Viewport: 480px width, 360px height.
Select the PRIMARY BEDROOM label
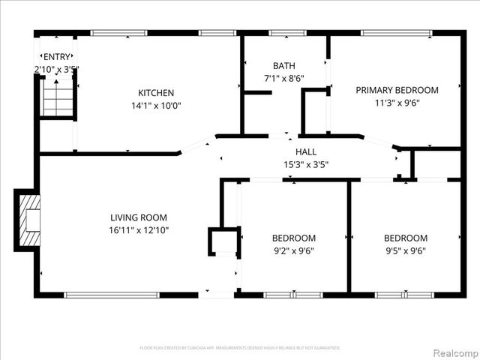click(x=397, y=90)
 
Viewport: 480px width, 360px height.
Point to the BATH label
click(x=284, y=65)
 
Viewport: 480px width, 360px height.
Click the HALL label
click(x=306, y=152)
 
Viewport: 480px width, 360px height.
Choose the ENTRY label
click(x=56, y=57)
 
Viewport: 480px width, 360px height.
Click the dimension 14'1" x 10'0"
click(x=155, y=106)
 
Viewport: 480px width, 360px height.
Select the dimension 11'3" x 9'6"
click(x=397, y=103)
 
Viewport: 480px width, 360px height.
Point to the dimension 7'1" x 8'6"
click(x=284, y=78)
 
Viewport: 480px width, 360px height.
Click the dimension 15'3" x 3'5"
click(x=306, y=164)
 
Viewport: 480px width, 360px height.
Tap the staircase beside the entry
click(x=57, y=98)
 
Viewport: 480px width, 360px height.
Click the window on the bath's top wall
click(x=282, y=33)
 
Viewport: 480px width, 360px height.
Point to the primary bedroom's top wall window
click(x=396, y=33)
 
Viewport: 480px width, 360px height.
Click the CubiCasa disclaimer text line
click(x=240, y=348)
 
